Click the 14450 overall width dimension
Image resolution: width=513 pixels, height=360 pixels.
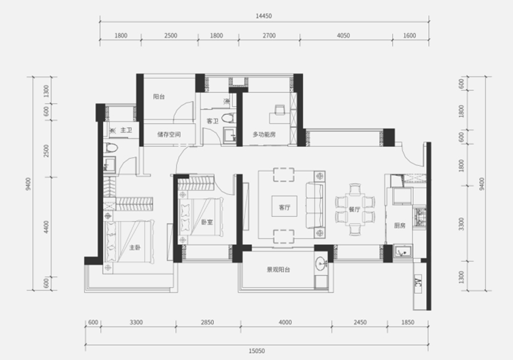[x=264, y=16]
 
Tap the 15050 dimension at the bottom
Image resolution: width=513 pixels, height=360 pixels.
[x=257, y=351]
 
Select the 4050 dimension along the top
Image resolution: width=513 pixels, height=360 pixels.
[x=343, y=35]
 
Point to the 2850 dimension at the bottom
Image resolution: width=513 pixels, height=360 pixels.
[x=207, y=322]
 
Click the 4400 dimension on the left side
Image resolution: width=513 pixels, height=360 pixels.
[x=46, y=227]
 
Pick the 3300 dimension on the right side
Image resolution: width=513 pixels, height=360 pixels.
[x=461, y=224]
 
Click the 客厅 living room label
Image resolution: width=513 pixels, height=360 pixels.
[x=284, y=207]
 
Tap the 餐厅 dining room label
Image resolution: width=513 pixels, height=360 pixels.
[x=355, y=209]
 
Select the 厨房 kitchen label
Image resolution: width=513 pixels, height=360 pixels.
[x=400, y=225]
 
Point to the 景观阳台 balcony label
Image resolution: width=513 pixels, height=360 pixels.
[x=278, y=270]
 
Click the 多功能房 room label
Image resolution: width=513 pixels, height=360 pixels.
[x=264, y=134]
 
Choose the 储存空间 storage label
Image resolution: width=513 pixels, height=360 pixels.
[x=169, y=134]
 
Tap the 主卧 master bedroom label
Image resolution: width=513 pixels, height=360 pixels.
[x=135, y=248]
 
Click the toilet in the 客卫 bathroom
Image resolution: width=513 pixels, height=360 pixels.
[x=229, y=118]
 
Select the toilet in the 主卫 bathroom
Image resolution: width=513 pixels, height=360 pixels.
[x=111, y=148]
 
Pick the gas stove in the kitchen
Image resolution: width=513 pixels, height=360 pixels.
[x=420, y=217]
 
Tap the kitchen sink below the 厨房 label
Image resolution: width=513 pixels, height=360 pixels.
[x=402, y=251]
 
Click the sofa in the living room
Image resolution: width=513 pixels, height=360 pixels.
[x=315, y=205]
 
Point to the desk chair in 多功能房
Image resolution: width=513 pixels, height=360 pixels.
[x=280, y=110]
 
